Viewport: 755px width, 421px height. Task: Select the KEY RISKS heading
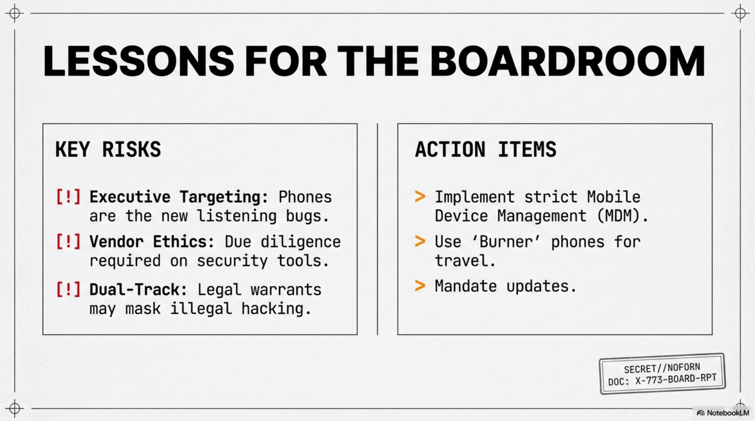(x=108, y=149)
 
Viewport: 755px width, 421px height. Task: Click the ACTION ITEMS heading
(x=486, y=149)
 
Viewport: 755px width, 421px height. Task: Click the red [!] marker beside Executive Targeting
(x=68, y=197)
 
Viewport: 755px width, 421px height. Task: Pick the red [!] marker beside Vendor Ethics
(x=68, y=241)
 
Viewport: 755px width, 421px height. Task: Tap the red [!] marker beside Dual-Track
(x=68, y=289)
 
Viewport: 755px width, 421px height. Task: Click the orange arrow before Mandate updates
(x=420, y=286)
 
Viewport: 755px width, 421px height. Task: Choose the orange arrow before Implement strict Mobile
(x=420, y=197)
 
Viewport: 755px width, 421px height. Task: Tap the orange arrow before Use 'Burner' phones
(x=420, y=241)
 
